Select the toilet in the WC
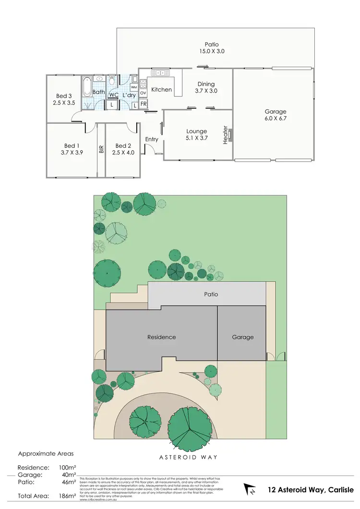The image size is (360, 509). (112, 79)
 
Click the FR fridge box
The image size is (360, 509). (144, 104)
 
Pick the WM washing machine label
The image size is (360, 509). (133, 87)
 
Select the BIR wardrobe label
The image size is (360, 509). (101, 149)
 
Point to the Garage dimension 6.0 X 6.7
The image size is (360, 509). (275, 118)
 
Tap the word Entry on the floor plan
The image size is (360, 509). (152, 139)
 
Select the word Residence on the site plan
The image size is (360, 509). (161, 337)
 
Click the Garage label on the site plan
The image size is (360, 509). (242, 337)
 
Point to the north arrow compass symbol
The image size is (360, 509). (250, 489)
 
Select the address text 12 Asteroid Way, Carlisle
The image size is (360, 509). (311, 489)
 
